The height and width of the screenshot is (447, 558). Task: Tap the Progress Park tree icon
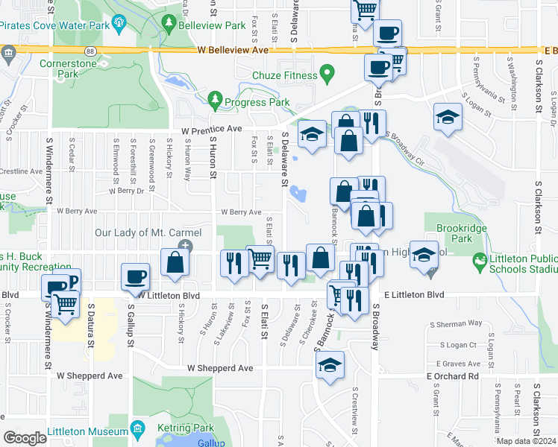tap(216, 99)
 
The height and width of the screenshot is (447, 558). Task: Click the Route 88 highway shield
tap(90, 51)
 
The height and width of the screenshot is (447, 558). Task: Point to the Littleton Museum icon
tap(137, 429)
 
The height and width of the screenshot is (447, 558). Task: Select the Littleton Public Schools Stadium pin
tap(478, 262)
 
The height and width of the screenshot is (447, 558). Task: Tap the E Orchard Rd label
tap(452, 376)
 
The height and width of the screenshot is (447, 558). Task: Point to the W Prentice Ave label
tap(213, 129)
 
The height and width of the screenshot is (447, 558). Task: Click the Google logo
tap(25, 438)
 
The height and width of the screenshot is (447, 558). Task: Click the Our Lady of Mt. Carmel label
tap(138, 233)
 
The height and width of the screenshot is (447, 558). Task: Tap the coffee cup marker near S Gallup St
tap(136, 277)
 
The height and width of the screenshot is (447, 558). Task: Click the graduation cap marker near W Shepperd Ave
tap(329, 365)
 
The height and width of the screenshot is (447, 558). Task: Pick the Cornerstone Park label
tap(69, 69)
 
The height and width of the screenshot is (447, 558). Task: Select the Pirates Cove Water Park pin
tap(120, 25)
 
